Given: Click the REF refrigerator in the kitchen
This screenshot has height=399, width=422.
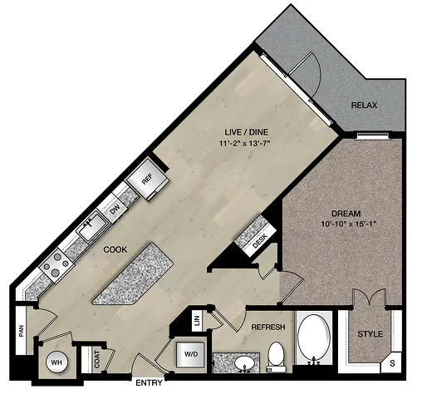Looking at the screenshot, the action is (147, 180).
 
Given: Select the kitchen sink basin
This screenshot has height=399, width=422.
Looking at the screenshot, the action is (92, 225).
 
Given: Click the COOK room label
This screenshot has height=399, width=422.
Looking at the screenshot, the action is (115, 249).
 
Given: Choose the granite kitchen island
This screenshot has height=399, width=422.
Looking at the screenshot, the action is (133, 274).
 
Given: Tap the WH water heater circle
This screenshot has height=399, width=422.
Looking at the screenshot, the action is (57, 362).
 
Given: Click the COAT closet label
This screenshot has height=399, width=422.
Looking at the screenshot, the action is (97, 359).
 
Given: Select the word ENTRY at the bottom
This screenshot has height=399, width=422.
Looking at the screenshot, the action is (149, 383).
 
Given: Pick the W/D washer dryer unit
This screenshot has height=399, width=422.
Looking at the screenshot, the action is (191, 355).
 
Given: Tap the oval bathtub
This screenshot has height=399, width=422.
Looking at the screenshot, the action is (314, 337).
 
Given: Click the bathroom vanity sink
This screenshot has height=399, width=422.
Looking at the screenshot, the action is (244, 363).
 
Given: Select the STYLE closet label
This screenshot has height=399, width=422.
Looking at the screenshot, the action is (370, 334).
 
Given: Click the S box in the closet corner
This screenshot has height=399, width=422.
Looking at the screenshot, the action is (392, 363).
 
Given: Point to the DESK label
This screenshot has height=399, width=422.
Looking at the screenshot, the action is (260, 241).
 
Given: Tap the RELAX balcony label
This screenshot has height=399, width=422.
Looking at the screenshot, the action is (364, 106).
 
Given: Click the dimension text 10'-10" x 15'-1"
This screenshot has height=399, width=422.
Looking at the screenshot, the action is (349, 224).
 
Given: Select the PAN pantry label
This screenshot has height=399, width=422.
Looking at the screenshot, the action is (22, 331).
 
